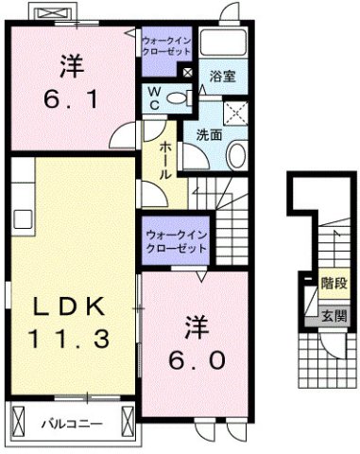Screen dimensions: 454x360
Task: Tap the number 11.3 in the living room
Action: click(x=73, y=337)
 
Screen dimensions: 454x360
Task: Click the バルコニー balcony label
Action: click(x=71, y=423)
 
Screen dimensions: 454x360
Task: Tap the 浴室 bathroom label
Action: click(x=223, y=75)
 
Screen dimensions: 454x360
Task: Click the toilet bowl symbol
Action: click(x=180, y=97)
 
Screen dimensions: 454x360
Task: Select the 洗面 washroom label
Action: click(x=210, y=135)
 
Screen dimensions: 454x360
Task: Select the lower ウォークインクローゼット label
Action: click(x=177, y=239)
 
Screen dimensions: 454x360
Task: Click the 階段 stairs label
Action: click(x=331, y=282)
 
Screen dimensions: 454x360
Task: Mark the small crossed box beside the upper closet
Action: click(x=189, y=72)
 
